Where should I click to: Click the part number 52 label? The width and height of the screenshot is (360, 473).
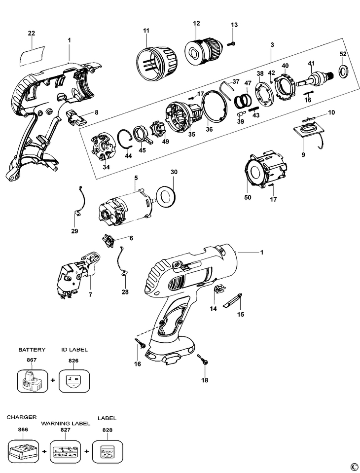click(x=343, y=54)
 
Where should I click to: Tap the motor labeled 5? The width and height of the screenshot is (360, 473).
click(x=126, y=206)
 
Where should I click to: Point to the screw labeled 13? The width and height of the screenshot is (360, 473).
click(x=232, y=44)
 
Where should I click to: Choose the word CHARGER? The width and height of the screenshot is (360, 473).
click(x=22, y=417)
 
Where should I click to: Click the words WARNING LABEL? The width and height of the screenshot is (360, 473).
click(x=66, y=423)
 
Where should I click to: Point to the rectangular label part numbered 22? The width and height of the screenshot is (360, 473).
click(x=32, y=55)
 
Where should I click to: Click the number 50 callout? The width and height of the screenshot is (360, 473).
click(x=248, y=198)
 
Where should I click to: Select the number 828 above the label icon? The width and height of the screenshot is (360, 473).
click(x=108, y=430)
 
